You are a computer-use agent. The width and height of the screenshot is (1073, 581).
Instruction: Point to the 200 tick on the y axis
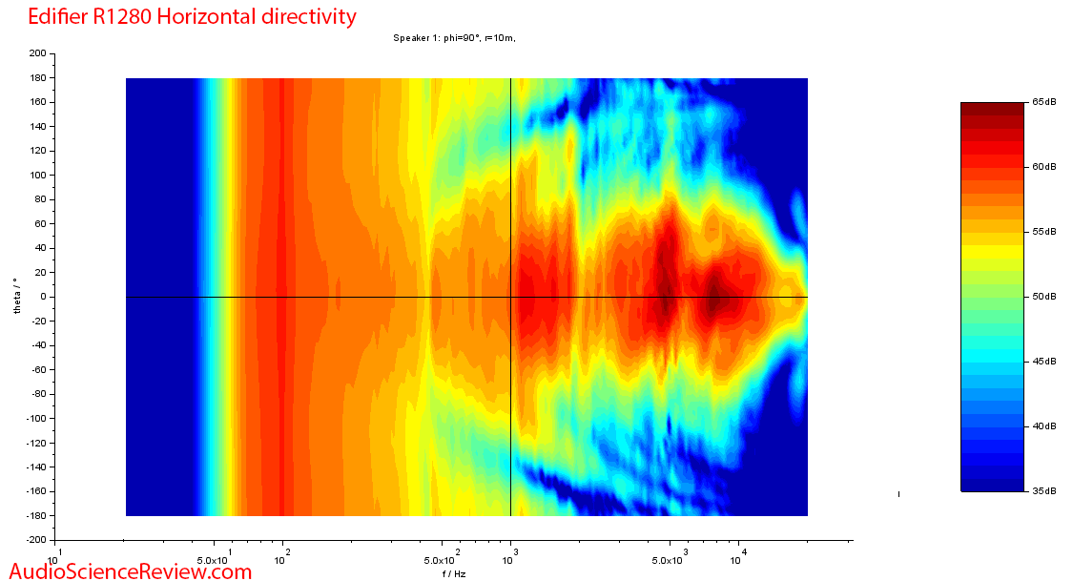pos(39,53)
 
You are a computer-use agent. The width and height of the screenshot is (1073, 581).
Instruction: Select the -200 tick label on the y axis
pos(37,540)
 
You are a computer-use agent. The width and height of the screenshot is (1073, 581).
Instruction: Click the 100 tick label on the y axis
pos(39,176)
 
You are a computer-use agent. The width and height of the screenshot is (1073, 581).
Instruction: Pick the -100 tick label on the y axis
pos(37,419)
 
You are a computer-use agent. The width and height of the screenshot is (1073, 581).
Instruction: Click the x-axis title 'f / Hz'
pos(454,574)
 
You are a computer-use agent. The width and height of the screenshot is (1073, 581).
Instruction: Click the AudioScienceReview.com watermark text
pos(127,571)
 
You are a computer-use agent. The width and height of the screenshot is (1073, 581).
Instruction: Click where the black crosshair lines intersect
pos(511,297)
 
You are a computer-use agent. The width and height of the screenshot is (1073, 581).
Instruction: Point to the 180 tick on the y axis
pos(39,78)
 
